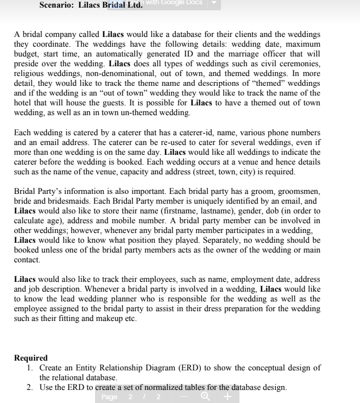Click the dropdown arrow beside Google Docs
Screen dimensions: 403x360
pyautogui.click(x=213, y=3)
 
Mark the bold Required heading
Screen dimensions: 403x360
pyautogui.click(x=31, y=358)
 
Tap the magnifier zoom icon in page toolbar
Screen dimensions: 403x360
pyautogui.click(x=205, y=397)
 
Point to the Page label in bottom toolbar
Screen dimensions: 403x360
pyautogui.click(x=110, y=397)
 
